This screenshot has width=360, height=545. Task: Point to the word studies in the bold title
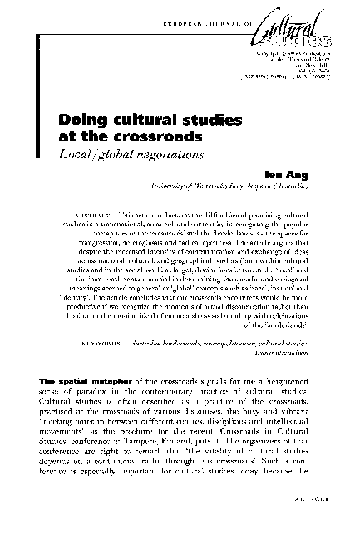(210, 121)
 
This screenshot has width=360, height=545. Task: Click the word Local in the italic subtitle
(104, 156)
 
